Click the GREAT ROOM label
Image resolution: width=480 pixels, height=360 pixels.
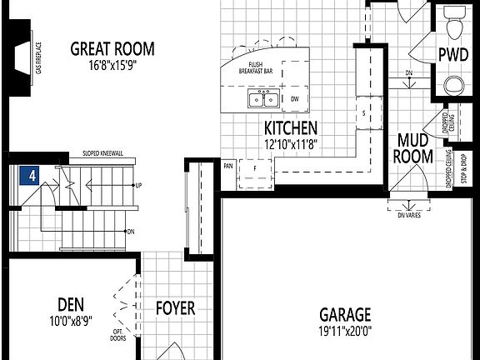click(x=112, y=47)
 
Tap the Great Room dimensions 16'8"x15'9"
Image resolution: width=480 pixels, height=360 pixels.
click(x=112, y=62)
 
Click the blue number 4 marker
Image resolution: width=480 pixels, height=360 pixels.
click(x=30, y=176)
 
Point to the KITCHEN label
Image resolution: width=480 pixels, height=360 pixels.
click(x=291, y=128)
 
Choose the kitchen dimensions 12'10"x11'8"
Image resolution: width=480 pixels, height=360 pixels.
click(x=291, y=143)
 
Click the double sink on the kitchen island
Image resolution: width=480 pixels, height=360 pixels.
click(x=263, y=100)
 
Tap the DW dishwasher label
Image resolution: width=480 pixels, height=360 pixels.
click(x=294, y=99)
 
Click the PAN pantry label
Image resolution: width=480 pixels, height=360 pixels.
click(x=228, y=165)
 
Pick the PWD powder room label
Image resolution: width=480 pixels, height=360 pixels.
click(x=452, y=55)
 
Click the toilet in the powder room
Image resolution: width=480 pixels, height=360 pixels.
click(x=455, y=25)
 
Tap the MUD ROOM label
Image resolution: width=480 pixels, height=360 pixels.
click(x=414, y=147)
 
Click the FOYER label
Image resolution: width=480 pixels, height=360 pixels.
click(x=176, y=308)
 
